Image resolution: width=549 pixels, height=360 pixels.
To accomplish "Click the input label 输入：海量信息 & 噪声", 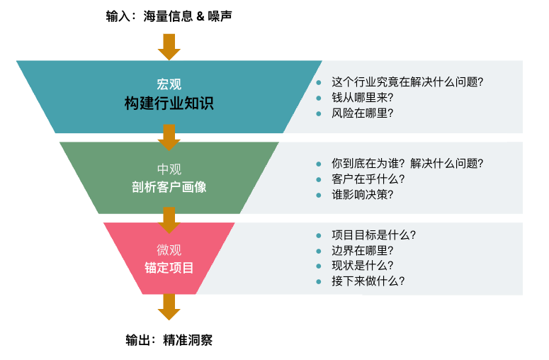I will (x=169, y=15).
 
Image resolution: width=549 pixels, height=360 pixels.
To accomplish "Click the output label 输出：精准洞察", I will (x=169, y=340).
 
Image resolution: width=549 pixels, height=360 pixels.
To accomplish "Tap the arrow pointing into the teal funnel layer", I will (x=169, y=46).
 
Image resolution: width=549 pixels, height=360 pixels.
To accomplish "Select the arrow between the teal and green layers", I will (x=169, y=137).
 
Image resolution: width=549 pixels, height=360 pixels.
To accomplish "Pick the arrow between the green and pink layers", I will (x=169, y=219).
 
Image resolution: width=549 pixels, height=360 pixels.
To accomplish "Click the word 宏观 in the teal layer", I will (x=169, y=84).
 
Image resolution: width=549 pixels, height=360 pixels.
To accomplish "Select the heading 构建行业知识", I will (x=169, y=103).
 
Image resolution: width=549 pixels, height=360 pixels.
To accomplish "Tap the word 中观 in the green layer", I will (x=169, y=169).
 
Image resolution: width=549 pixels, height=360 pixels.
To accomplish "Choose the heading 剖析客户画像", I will (x=169, y=187).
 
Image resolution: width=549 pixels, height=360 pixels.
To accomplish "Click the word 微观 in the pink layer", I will (x=169, y=249).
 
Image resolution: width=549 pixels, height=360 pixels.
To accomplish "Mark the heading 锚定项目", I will (x=169, y=268).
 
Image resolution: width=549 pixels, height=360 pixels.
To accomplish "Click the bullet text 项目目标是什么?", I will (x=373, y=235).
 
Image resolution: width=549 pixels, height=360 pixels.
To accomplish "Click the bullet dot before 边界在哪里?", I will (x=319, y=251).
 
